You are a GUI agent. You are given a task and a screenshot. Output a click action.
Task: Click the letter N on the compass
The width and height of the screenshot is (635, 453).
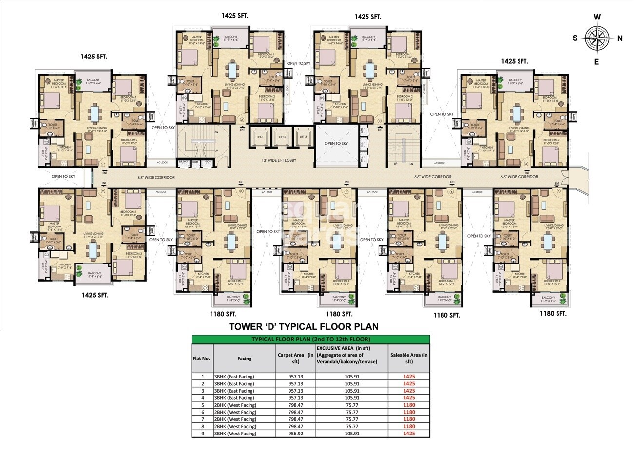click(x=620, y=39)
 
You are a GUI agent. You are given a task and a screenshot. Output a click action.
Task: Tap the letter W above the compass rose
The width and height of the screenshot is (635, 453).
click(x=597, y=17)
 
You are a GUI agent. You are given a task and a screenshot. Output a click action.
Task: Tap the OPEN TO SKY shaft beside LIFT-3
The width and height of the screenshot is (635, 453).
click(x=336, y=143)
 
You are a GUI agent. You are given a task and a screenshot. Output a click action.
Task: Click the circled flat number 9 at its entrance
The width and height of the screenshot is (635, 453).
click(x=103, y=191)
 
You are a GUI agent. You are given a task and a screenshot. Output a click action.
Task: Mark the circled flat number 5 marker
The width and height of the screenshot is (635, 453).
click(x=558, y=191)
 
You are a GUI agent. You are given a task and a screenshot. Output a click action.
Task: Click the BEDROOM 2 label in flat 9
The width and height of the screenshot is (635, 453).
click(x=134, y=254)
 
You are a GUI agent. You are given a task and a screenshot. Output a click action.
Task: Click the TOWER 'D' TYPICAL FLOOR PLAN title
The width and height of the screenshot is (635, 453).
click(x=304, y=327)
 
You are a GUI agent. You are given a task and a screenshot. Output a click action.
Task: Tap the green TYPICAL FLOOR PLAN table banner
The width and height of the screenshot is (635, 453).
click(x=310, y=339)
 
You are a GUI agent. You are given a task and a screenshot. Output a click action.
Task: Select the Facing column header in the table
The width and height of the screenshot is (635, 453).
click(x=244, y=359)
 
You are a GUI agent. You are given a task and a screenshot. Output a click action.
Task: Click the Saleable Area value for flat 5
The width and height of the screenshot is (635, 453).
click(x=409, y=405)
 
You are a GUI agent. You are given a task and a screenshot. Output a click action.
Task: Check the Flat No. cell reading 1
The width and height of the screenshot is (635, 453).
click(x=202, y=377)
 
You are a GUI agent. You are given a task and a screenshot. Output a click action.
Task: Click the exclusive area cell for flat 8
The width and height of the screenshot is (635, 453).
click(x=352, y=426)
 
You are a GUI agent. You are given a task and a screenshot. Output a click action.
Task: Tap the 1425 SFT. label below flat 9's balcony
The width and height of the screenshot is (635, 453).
click(x=95, y=295)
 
